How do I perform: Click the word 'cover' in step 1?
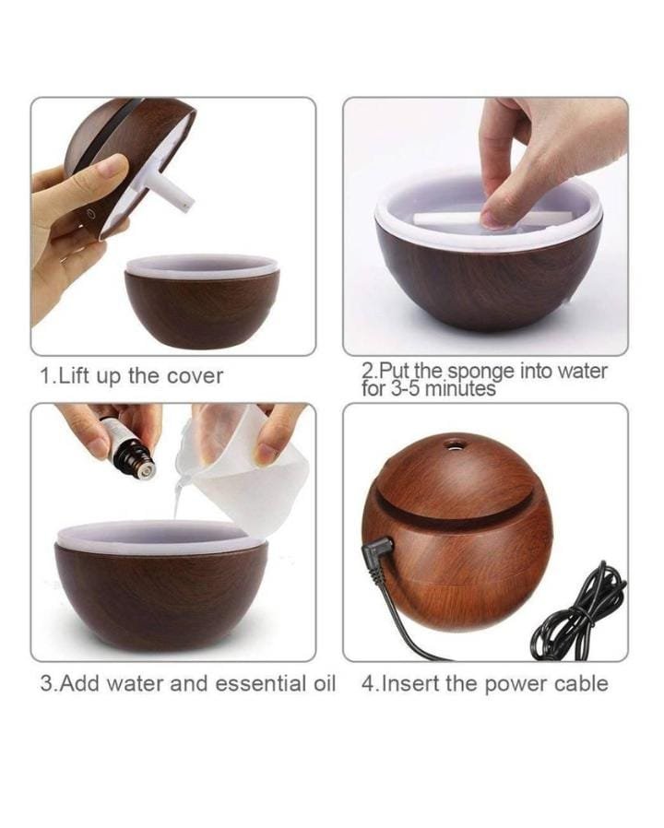coord(195,376)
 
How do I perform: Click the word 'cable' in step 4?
coord(581,683)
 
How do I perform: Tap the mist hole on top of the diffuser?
coord(453,444)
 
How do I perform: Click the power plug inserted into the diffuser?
coord(378,554)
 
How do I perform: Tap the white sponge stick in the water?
coord(456,218)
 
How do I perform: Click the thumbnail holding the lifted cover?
coord(114,165)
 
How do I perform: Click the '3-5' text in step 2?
coord(406,390)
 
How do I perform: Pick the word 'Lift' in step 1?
coord(76,376)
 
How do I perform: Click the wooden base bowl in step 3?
coord(161,586)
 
